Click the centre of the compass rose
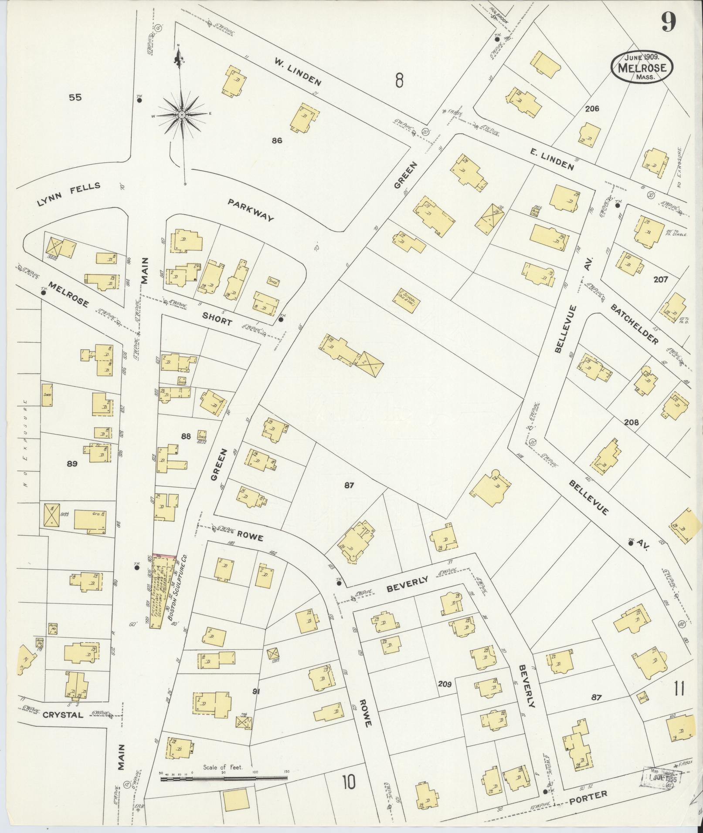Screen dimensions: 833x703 coord(181,115)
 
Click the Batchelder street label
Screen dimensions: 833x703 coord(634,324)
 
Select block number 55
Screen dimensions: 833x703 coord(75,98)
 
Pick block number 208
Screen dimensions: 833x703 coord(631,422)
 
